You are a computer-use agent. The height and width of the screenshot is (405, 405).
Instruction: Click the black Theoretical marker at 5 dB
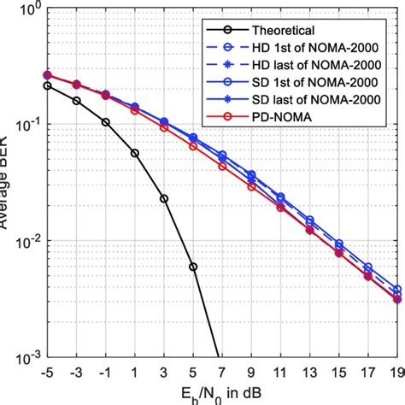coord(193,267)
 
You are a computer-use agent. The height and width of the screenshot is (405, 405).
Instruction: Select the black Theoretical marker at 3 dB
coord(164,198)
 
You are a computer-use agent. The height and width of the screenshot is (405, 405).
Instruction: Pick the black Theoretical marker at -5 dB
coord(47,85)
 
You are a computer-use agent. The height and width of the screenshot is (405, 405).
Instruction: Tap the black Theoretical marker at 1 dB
coord(135,153)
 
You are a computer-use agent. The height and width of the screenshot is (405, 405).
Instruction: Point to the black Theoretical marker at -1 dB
coord(105,122)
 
